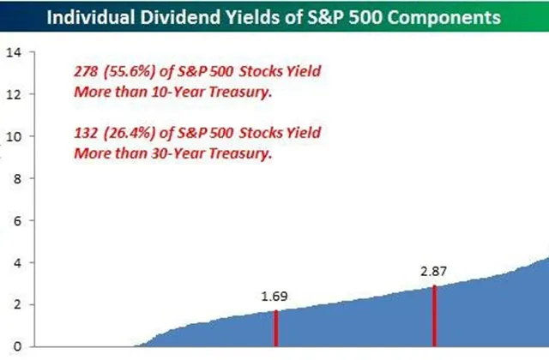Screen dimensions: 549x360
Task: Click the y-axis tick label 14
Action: [x=14, y=52]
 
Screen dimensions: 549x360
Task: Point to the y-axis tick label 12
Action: [x=14, y=94]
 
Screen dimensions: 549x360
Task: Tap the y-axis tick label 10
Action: [x=14, y=137]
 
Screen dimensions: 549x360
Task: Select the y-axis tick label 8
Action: [x=17, y=179]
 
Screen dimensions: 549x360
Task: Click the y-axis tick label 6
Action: [x=17, y=221]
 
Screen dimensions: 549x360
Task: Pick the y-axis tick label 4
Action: [x=17, y=263]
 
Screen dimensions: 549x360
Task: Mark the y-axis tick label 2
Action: [x=17, y=305]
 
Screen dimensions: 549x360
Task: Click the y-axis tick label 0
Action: [x=17, y=347]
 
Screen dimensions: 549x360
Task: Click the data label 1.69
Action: [x=274, y=297]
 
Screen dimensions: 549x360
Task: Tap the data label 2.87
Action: [x=433, y=272]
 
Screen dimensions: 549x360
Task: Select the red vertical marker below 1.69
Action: [x=276, y=328]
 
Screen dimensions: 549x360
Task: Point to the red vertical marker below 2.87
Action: [x=435, y=316]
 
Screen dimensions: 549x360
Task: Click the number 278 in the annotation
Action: [x=86, y=71]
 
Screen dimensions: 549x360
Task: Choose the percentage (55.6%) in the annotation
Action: [x=130, y=72]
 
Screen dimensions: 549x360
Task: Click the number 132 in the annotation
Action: [x=86, y=133]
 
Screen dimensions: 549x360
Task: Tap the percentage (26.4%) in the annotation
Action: [x=130, y=134]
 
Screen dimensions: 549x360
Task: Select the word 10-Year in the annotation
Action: [x=178, y=92]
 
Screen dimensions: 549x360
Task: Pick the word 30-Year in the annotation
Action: [x=178, y=153]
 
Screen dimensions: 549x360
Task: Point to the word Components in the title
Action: [x=443, y=18]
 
